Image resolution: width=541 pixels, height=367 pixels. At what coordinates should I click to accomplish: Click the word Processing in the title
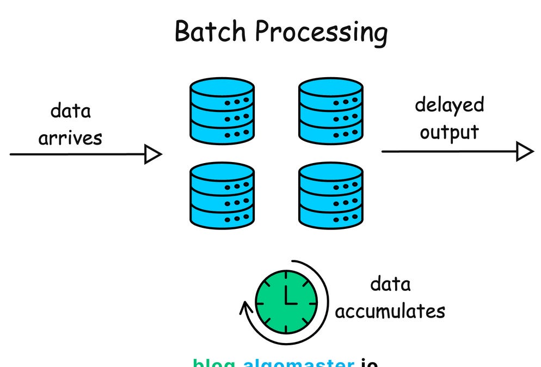(x=321, y=32)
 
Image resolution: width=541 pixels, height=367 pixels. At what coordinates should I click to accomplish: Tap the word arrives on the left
(x=70, y=138)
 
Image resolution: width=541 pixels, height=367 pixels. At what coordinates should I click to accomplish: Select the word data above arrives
(x=71, y=111)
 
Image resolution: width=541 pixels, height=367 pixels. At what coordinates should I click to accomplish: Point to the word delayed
(x=449, y=105)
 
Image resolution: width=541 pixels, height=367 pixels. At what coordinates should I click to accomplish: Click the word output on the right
(x=449, y=132)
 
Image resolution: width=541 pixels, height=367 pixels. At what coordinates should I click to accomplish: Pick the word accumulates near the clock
(x=390, y=311)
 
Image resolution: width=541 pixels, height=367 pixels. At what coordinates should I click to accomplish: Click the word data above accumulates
(x=390, y=284)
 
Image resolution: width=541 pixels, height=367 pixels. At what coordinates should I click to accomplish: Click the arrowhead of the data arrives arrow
(x=153, y=154)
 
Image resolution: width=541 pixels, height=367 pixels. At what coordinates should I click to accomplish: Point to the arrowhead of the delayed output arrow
(x=524, y=151)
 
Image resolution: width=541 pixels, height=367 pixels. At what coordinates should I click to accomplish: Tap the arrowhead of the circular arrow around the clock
(x=245, y=309)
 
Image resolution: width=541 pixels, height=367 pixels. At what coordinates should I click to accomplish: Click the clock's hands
(x=288, y=297)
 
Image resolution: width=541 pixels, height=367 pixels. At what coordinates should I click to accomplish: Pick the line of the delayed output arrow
(x=446, y=151)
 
